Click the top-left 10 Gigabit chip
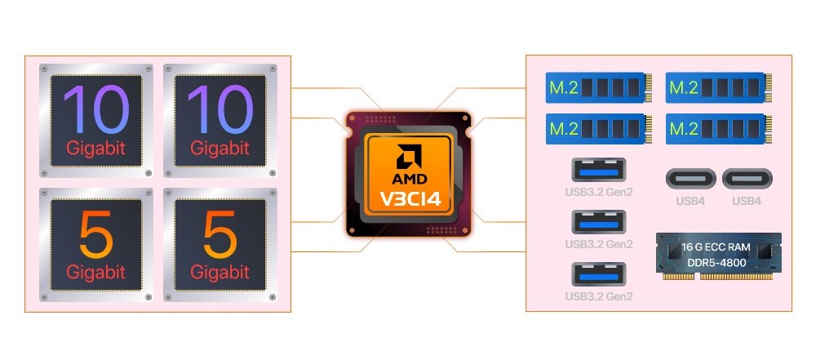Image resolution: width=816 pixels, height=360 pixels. point(96,121)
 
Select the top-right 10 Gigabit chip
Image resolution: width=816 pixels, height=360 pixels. point(220,121)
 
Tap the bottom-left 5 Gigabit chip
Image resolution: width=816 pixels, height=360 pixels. point(96,245)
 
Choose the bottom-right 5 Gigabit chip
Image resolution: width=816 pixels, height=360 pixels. point(220,245)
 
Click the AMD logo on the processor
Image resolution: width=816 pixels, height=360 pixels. point(409,157)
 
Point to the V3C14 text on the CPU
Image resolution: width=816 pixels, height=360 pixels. point(409,198)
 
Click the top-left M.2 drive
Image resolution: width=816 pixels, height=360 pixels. point(599,87)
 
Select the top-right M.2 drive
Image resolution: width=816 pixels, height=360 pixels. point(719,87)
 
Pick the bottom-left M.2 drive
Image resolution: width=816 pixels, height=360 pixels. point(599,129)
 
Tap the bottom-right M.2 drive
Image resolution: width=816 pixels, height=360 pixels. point(719,129)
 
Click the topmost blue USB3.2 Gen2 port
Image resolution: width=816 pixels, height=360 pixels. point(598,170)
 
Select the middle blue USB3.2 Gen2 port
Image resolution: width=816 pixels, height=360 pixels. point(598,222)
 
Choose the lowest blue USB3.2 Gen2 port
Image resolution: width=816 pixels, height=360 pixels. point(598,274)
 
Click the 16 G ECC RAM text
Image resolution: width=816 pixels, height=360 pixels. point(716,247)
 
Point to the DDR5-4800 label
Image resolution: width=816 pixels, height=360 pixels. point(716,263)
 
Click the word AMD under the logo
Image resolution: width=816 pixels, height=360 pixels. point(409,180)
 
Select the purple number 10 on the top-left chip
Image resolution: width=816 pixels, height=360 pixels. point(96,110)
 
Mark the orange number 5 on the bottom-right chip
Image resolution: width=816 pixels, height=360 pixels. point(220,235)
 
